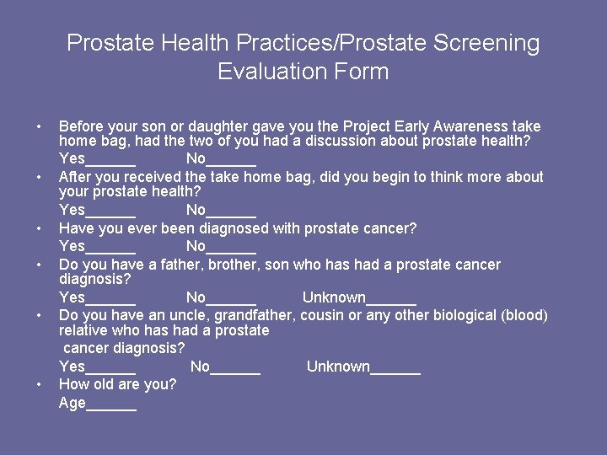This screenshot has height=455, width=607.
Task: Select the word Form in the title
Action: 363,72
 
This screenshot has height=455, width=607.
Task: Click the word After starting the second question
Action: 77,177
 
